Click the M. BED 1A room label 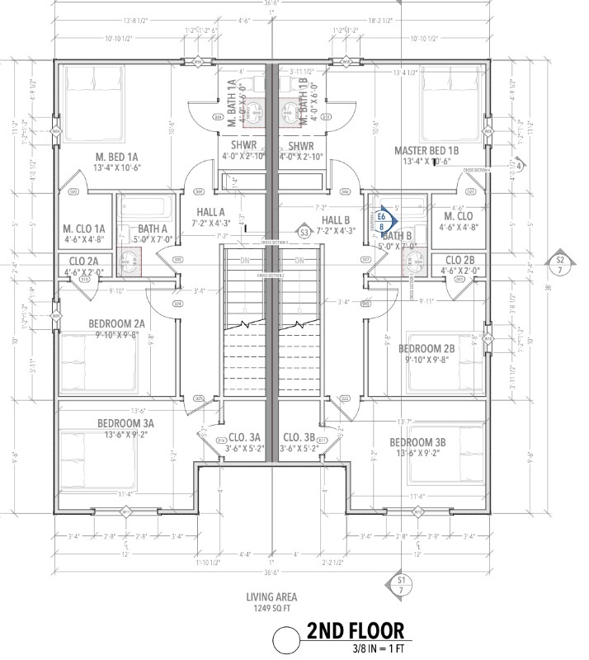click(x=117, y=157)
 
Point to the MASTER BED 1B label click(x=426, y=150)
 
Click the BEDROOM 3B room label click(x=417, y=442)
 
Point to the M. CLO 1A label click(x=84, y=229)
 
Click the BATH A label click(x=153, y=229)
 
